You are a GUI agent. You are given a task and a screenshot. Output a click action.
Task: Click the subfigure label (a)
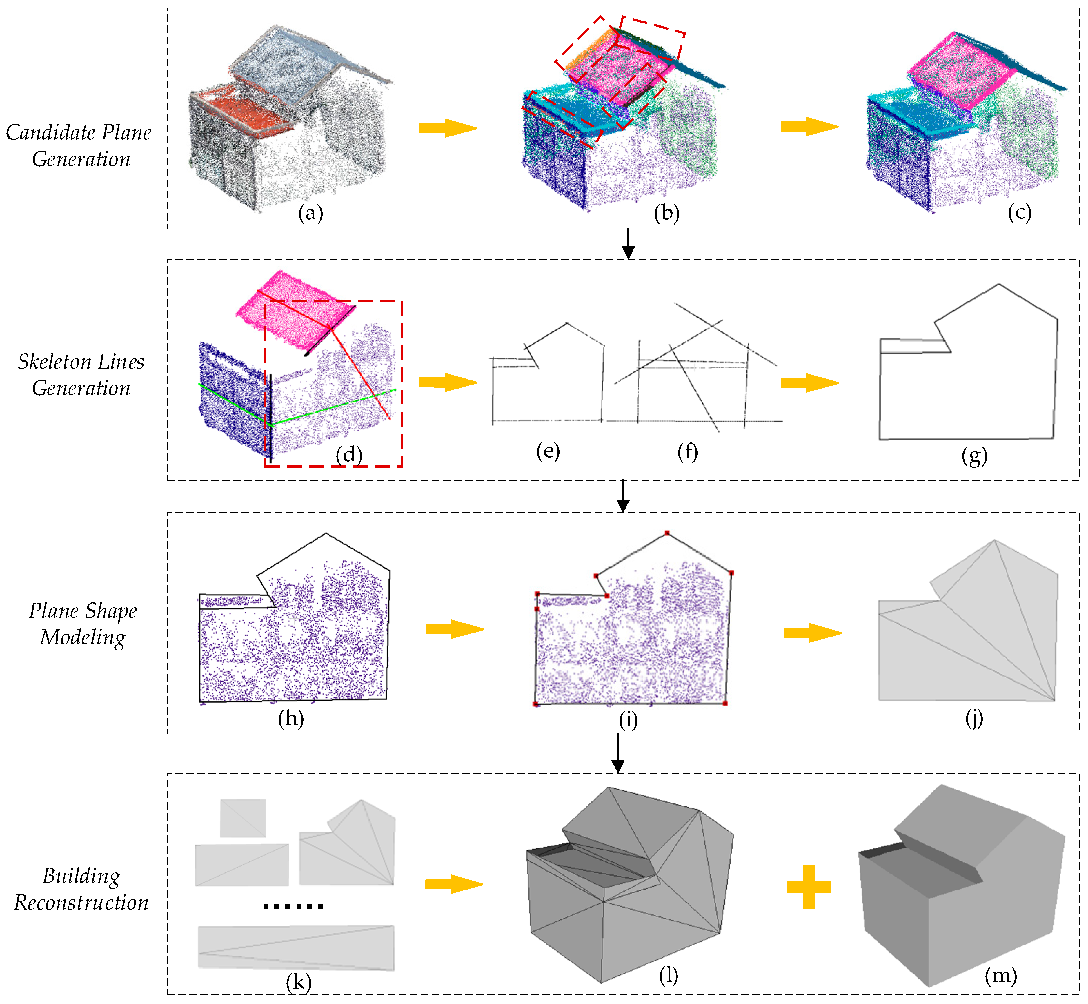click(310, 214)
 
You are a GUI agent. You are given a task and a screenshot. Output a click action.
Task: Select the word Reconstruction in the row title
click(81, 902)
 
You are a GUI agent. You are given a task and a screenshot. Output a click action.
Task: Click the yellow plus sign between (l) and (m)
click(808, 887)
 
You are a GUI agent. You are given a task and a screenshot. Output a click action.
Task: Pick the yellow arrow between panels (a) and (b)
click(448, 128)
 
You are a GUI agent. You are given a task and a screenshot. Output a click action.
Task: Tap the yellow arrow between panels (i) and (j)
click(812, 632)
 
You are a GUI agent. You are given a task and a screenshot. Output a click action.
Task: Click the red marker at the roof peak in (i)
click(667, 533)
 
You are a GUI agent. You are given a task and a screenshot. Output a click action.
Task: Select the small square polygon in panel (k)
click(243, 818)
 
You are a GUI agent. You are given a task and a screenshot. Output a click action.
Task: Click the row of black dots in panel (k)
click(293, 906)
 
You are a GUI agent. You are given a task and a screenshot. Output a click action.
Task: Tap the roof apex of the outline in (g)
click(998, 284)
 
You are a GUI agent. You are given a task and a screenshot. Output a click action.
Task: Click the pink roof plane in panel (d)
click(293, 310)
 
